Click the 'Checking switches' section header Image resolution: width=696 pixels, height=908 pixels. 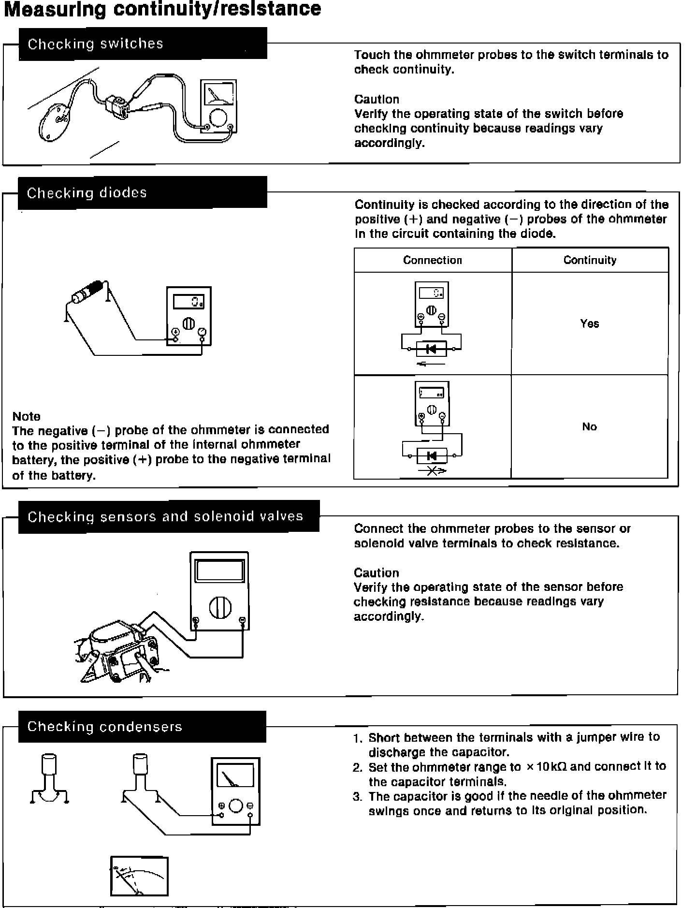95,44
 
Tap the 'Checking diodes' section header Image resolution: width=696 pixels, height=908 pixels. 87,193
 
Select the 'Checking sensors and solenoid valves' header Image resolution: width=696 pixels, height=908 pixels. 165,517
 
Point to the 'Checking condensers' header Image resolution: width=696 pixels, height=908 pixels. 104,727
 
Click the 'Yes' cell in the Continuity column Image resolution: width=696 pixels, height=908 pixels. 590,323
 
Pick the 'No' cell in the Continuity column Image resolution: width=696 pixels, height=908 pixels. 589,426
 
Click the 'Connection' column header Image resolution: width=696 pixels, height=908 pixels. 433,260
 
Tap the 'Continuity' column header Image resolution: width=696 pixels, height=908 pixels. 590,260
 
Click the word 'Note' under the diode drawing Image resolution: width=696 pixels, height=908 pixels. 26,416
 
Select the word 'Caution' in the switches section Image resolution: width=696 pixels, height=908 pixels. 377,99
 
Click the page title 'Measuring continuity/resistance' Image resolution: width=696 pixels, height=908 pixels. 162,9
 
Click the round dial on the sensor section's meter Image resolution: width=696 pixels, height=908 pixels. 220,608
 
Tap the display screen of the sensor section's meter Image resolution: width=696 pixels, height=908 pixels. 219,571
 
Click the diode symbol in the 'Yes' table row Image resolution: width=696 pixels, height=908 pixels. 431,348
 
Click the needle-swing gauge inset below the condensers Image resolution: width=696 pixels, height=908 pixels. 139,876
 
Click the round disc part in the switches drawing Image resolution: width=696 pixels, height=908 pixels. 55,123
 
